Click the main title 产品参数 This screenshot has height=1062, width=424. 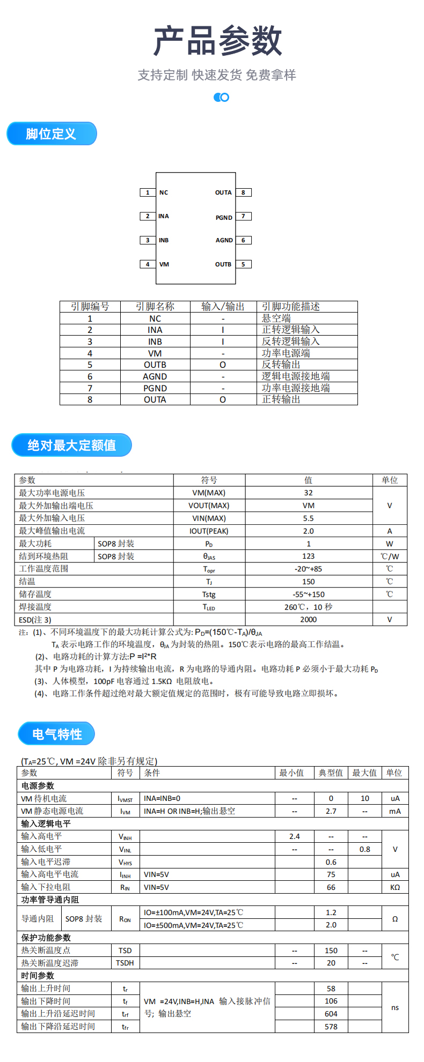click(217, 41)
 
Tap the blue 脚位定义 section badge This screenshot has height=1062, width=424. click(52, 133)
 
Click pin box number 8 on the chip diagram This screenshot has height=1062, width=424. click(243, 192)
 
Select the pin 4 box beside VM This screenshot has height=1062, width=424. click(148, 264)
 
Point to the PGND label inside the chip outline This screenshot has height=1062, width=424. click(224, 218)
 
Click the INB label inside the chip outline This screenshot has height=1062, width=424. click(164, 240)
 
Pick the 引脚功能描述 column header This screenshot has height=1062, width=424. click(291, 307)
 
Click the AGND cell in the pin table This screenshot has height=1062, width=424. click(155, 376)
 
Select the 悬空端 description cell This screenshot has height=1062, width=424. click(276, 318)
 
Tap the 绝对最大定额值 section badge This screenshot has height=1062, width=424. click(71, 445)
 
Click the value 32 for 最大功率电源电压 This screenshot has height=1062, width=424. click(308, 493)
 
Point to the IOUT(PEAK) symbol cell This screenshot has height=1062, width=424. click(209, 531)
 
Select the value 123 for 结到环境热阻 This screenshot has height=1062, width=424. click(308, 556)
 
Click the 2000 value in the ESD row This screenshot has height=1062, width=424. click(308, 620)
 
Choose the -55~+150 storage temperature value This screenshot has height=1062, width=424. click(309, 595)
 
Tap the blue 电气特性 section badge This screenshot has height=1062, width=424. click(56, 734)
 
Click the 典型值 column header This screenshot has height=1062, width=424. click(331, 773)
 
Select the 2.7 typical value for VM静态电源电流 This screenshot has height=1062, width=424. click(331, 811)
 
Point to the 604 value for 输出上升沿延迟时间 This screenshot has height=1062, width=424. click(331, 1014)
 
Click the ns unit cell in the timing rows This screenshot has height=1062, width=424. click(394, 1007)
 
